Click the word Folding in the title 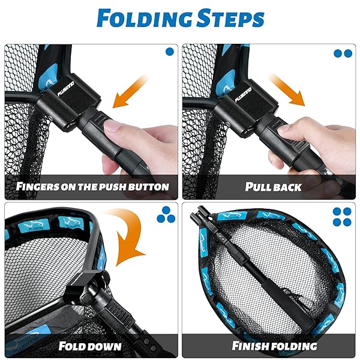coord(144,19)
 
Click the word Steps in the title coord(230,19)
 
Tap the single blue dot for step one coord(170,52)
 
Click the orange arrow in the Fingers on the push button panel coord(129,92)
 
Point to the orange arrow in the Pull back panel coord(287,90)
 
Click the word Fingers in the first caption coord(38,186)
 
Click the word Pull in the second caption coord(257,187)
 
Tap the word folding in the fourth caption coord(293,346)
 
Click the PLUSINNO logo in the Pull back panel coord(243,95)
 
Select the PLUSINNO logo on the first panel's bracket coord(65,89)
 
